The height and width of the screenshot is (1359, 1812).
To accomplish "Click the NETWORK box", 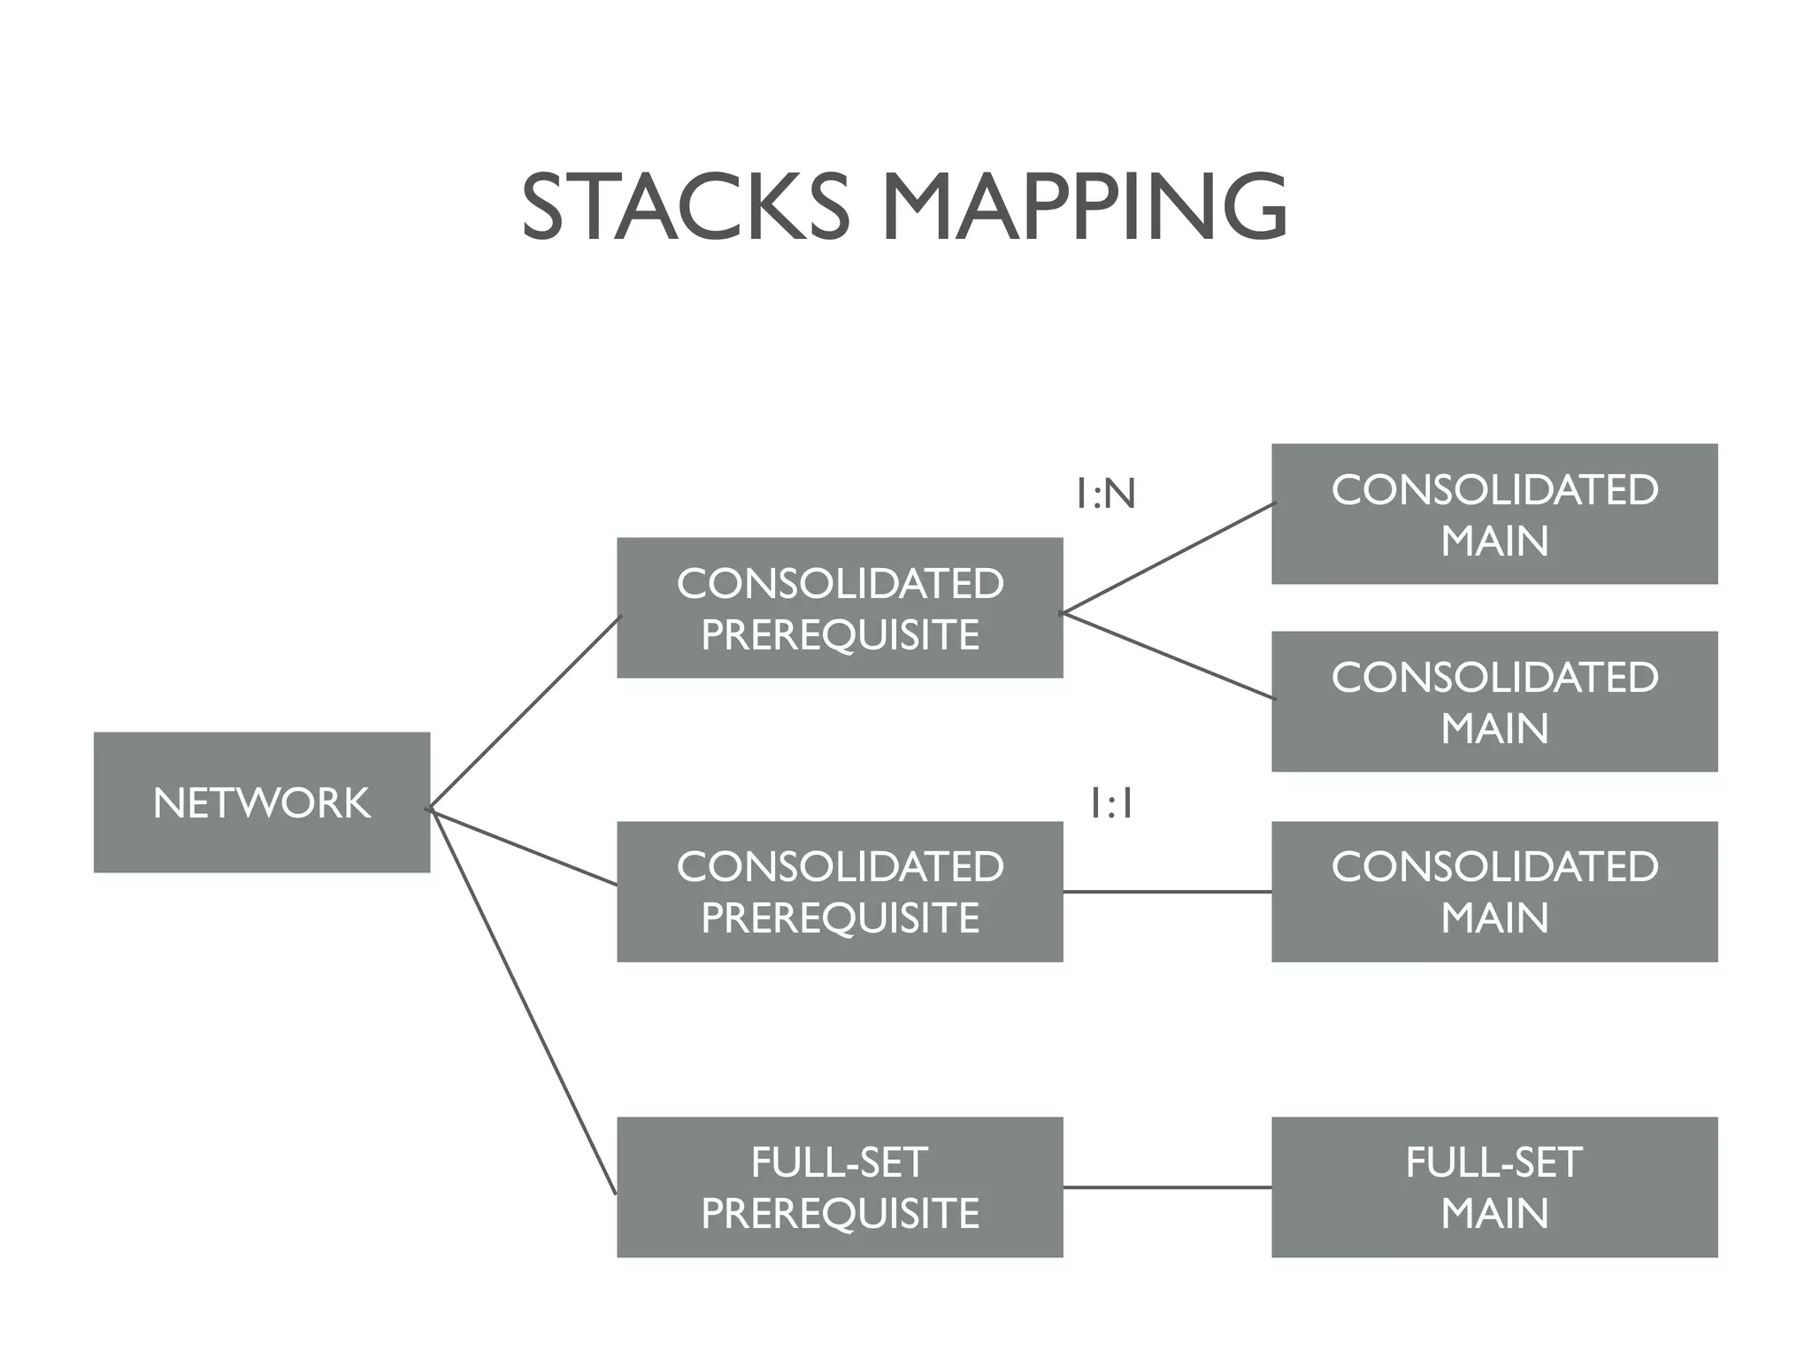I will coord(262,802).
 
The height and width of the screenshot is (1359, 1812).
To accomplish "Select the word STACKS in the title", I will coord(685,207).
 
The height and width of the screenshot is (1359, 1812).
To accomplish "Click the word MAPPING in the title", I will coord(1084,207).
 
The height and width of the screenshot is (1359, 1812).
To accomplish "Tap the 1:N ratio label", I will coord(1105,494).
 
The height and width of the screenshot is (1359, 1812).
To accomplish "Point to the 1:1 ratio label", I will coord(1111,804).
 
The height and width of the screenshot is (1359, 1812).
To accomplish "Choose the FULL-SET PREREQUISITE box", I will coord(840,1186).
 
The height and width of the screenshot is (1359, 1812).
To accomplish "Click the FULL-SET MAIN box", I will coord(1494,1186).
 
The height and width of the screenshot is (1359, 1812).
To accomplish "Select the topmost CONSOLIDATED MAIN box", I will coord(1494,514).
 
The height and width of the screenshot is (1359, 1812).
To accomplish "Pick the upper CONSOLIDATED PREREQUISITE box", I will coord(840,608).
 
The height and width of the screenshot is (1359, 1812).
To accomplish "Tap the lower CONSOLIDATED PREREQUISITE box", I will coord(840,891).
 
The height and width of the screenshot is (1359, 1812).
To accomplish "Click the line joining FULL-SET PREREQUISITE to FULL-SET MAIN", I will coord(1167,1186).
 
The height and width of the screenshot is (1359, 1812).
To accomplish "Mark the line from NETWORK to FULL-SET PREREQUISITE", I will coord(522,1000).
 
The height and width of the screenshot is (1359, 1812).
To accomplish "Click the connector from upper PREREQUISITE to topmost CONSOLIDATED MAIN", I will coord(1168,558).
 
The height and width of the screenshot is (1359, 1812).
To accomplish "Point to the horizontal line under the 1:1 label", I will coord(1167,892).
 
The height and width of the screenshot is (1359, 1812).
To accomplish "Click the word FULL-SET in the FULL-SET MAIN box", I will coord(1494,1162).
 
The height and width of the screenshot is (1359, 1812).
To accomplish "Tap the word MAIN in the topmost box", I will coord(1494,541).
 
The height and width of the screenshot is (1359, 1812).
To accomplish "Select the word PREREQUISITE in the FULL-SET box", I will coord(840,1213).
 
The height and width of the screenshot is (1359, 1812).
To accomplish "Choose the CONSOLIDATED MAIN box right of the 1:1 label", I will coord(1494,891).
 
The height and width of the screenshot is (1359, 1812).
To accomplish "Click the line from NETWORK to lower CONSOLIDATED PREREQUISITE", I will coord(524,847).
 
